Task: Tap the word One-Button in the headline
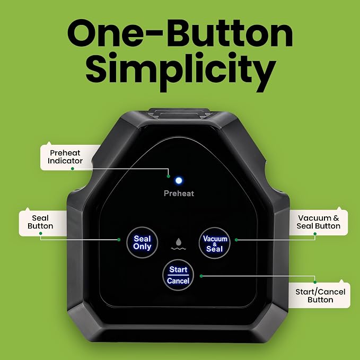(180, 33)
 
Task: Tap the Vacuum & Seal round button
(215, 243)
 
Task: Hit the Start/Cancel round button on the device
(178, 275)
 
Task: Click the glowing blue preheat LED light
(179, 180)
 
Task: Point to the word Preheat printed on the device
(179, 194)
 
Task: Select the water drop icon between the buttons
(179, 244)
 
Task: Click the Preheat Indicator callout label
(65, 157)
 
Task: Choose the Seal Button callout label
(40, 222)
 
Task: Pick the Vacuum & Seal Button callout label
(319, 222)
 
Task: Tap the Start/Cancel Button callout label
(320, 296)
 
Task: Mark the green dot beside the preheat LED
(168, 177)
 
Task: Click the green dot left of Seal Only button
(119, 240)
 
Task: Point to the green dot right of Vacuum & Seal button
(236, 240)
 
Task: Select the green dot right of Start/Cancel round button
(201, 276)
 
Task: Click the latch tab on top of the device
(179, 114)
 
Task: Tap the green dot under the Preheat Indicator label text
(73, 169)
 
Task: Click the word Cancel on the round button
(178, 281)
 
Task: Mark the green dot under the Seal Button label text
(41, 233)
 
